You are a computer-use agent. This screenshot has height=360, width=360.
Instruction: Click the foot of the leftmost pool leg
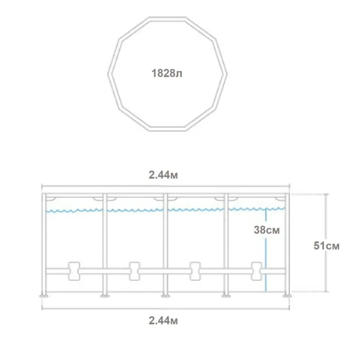[x=44, y=295]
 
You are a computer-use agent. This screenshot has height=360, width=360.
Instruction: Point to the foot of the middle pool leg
[x=164, y=295]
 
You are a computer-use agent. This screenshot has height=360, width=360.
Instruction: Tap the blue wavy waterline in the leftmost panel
[x=75, y=210]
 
